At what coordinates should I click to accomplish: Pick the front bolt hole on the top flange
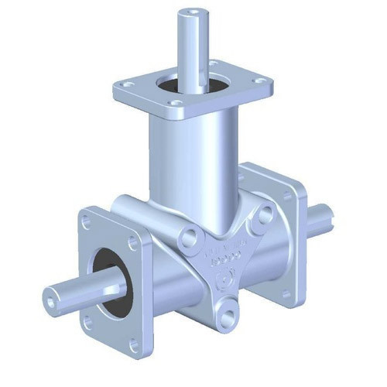(x=176, y=102)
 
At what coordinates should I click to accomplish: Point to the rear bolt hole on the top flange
(x=211, y=63)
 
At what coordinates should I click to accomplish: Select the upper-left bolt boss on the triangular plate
(x=187, y=238)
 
